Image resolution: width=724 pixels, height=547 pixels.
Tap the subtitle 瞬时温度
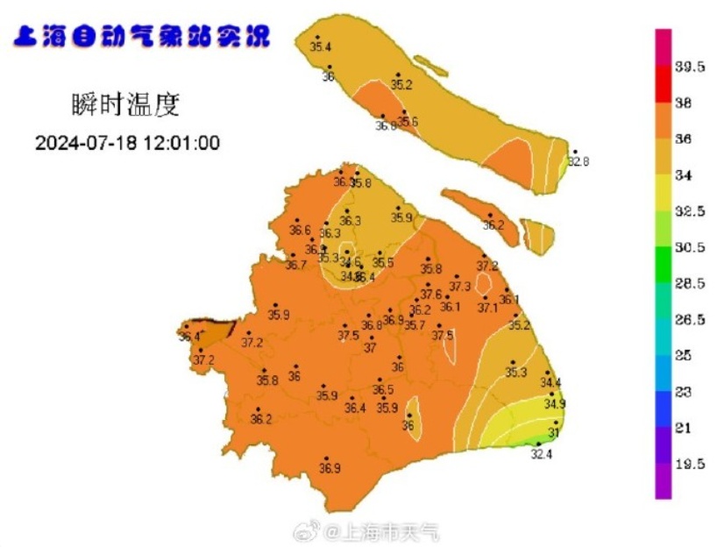click(x=125, y=106)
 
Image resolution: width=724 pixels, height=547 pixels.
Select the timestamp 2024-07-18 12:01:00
click(x=127, y=143)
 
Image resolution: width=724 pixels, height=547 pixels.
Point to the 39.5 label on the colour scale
click(x=690, y=67)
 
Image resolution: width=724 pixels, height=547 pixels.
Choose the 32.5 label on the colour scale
click(x=690, y=211)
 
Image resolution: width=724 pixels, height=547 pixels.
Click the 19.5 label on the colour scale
click(x=690, y=465)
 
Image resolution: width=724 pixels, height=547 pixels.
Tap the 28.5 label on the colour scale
click(x=690, y=284)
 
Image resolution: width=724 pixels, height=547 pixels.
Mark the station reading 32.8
click(x=578, y=161)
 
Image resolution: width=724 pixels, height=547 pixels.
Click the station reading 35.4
click(x=321, y=46)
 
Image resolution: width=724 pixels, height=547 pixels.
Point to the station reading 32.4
click(x=542, y=454)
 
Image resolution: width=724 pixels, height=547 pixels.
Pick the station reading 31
click(x=553, y=433)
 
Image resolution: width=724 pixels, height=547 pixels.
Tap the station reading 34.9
click(x=554, y=404)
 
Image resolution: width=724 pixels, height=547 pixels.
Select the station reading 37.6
click(x=431, y=295)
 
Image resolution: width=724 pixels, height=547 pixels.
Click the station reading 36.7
click(x=295, y=265)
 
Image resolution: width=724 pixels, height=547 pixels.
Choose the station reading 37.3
click(x=459, y=287)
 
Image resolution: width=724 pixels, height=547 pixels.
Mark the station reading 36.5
click(x=383, y=390)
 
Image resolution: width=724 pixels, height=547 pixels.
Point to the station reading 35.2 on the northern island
click(x=401, y=85)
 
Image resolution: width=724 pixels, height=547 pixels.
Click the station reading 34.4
click(x=550, y=383)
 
